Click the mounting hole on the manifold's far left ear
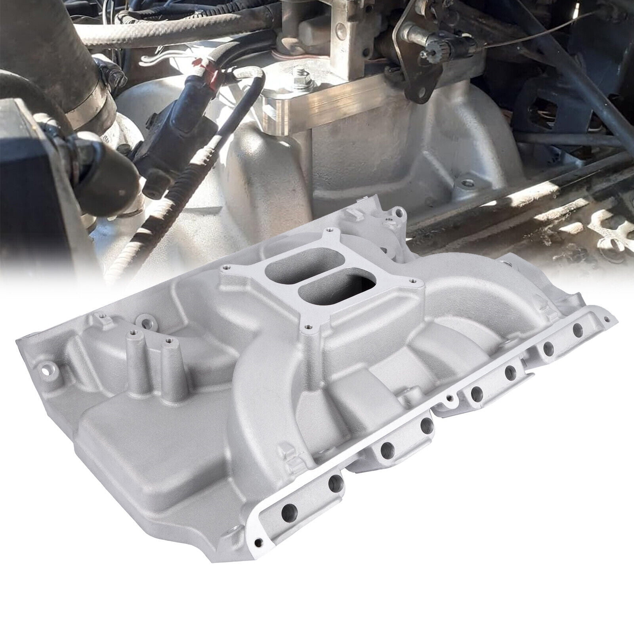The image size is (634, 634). [x=51, y=357]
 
